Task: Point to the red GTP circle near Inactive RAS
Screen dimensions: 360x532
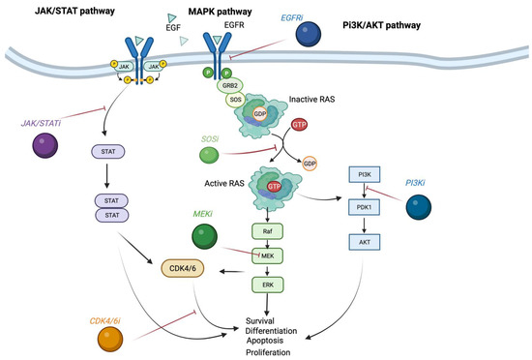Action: (x=301, y=126)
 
